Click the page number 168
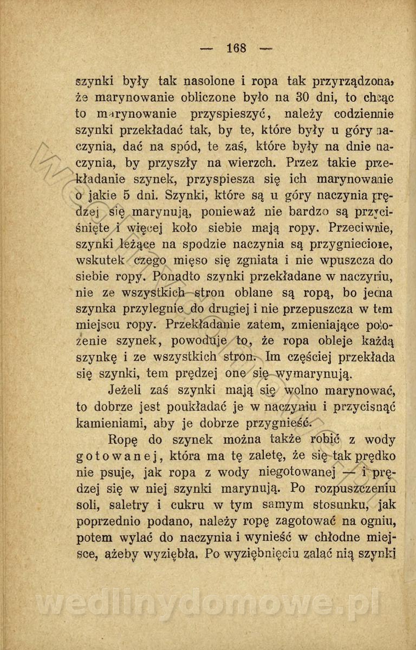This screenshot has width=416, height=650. click(237, 48)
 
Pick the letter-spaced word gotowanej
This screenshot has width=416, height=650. click(118, 455)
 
